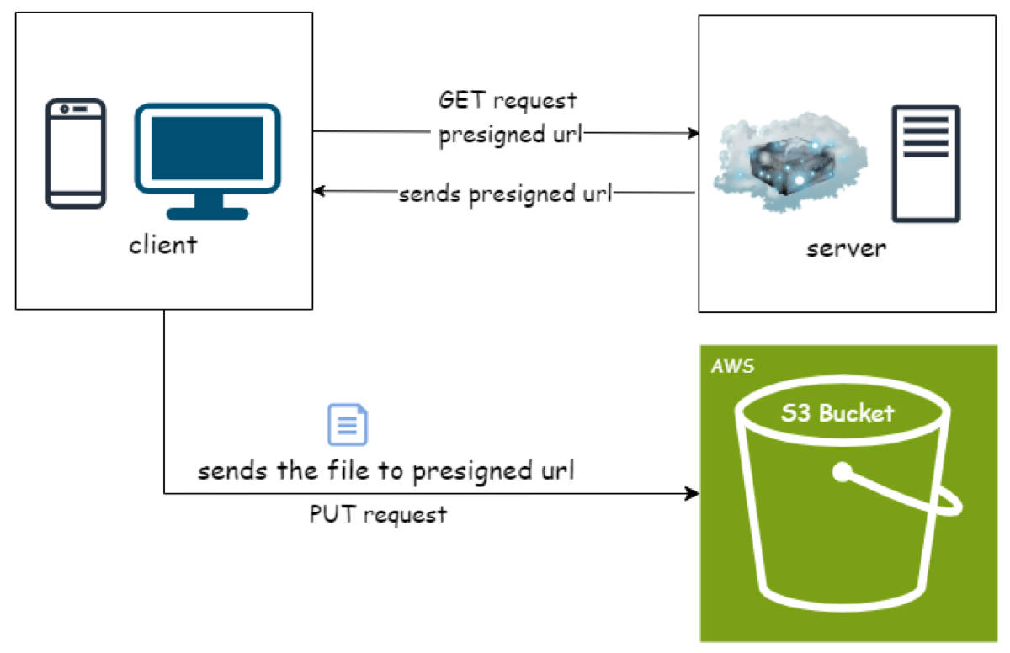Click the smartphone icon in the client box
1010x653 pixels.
(x=76, y=152)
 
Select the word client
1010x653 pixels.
(x=162, y=245)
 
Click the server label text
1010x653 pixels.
(x=846, y=248)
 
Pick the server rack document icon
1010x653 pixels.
(x=926, y=163)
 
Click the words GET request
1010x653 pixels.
(x=508, y=100)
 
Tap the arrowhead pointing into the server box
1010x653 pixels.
(x=694, y=133)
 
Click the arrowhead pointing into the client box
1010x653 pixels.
(x=319, y=192)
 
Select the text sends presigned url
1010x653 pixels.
(x=506, y=194)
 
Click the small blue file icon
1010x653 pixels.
(x=347, y=425)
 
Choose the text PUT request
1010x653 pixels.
(x=378, y=514)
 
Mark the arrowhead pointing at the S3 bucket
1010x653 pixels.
(x=694, y=493)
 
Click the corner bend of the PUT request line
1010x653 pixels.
(x=164, y=493)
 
